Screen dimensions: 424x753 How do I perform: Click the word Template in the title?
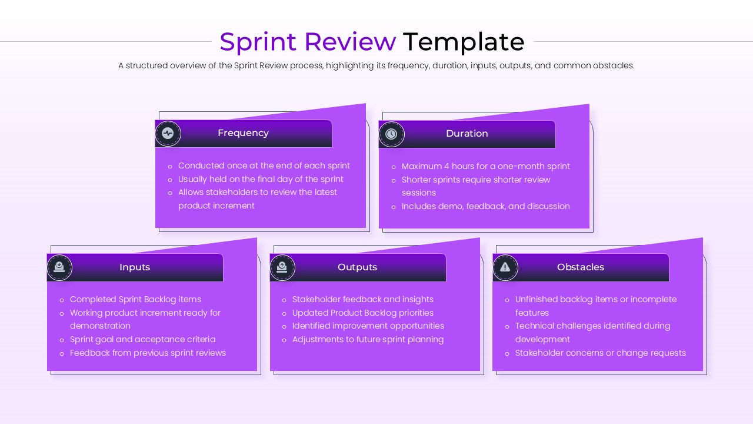[x=464, y=42]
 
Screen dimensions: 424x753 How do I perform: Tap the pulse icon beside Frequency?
[x=168, y=134]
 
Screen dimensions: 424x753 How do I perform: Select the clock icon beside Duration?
[x=391, y=134]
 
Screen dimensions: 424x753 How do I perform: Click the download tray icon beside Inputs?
[x=59, y=267]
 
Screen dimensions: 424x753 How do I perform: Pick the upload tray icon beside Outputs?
[x=282, y=267]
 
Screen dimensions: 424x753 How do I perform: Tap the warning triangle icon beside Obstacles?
[x=505, y=267]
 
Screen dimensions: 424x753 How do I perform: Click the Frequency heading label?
[x=243, y=133]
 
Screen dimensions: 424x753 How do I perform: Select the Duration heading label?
[x=467, y=134]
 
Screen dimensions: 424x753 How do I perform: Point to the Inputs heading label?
[x=135, y=267]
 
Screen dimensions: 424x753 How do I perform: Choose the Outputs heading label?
[x=357, y=267]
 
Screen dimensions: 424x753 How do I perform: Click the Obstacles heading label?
[x=580, y=267]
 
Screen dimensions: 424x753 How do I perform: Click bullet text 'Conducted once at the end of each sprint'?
[x=264, y=166]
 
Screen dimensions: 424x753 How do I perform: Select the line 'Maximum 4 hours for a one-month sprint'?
[x=485, y=167]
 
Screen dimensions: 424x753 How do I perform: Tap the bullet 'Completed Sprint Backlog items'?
[x=135, y=300]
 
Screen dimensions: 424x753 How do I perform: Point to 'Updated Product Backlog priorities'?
[x=362, y=313]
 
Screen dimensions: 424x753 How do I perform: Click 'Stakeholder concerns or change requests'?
[x=600, y=353]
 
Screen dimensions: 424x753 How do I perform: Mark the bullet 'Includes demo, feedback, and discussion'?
[x=485, y=207]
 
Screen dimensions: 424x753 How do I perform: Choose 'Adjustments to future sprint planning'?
[x=368, y=340]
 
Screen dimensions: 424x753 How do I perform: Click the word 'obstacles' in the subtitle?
[x=614, y=66]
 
